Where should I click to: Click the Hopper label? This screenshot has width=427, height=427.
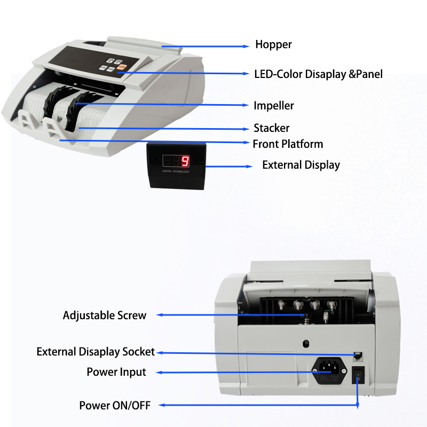(273, 45)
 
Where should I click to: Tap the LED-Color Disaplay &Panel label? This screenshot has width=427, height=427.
(318, 74)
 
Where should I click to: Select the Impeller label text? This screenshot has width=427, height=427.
(274, 106)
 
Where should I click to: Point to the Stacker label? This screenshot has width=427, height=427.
(272, 128)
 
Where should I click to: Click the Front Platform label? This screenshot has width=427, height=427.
(288, 144)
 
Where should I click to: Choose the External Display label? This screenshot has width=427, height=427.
(301, 165)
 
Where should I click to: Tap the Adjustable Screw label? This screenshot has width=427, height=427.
(105, 315)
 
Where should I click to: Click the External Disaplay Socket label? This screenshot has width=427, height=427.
(96, 352)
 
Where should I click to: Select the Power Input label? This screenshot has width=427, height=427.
(116, 372)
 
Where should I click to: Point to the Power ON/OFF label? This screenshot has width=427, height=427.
(115, 406)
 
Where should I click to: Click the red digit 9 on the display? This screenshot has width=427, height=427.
(185, 161)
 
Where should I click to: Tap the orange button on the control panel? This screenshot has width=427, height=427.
(122, 67)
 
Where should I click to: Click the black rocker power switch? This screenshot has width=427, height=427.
(358, 375)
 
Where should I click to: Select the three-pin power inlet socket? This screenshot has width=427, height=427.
(329, 370)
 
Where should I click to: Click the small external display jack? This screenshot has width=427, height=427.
(358, 356)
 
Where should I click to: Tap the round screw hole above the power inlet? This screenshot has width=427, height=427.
(306, 343)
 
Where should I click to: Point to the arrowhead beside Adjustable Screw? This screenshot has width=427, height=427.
(160, 315)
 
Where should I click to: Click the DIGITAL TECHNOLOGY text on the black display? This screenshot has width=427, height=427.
(176, 171)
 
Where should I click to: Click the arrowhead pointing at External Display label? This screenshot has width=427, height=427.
(249, 167)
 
